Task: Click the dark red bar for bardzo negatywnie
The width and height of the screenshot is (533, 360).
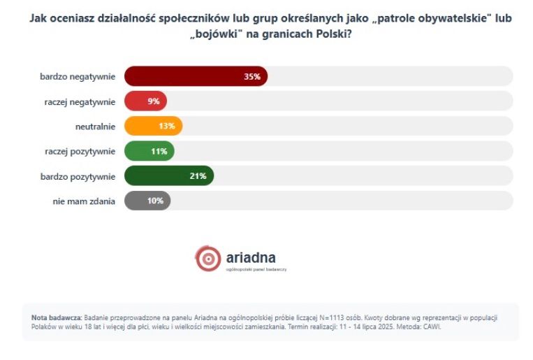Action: coord(196,76)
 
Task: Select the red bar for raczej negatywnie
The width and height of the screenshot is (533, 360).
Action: coord(145,101)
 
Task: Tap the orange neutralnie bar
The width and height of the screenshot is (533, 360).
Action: coord(153,126)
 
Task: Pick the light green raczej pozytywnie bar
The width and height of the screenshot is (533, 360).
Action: coord(149,151)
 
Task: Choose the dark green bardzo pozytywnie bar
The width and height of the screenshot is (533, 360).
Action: coord(168,175)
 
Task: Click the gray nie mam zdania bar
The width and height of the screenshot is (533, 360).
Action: coord(147,201)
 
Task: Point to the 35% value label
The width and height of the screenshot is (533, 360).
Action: coord(251,76)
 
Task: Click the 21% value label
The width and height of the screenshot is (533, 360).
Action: coord(198,175)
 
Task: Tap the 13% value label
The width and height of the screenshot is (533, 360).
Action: coord(166,126)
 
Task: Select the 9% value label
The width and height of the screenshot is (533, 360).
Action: coord(154,101)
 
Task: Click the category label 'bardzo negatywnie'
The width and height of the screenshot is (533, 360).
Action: coord(78,76)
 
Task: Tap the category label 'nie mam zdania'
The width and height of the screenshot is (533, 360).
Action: coord(84,201)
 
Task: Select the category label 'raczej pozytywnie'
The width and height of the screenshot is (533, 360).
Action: coord(80,151)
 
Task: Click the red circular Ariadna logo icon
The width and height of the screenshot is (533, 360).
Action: coord(208,258)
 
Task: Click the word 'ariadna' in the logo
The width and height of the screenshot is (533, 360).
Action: coord(251,256)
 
